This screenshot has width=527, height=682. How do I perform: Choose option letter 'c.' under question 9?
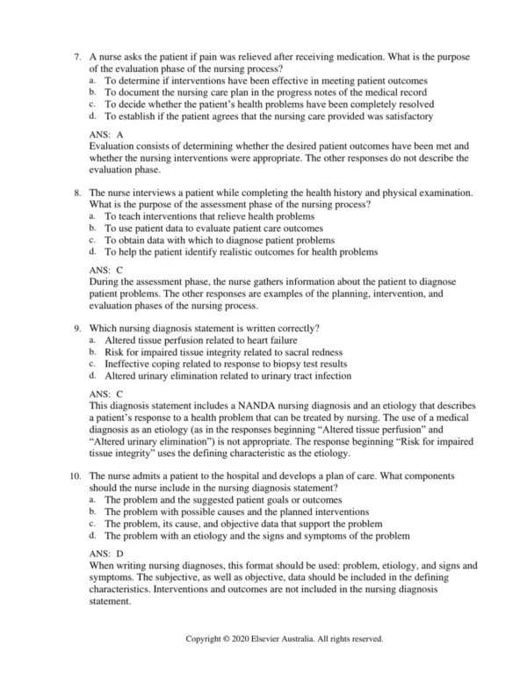pyautogui.click(x=92, y=363)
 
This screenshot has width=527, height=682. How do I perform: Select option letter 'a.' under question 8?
pyautogui.click(x=92, y=215)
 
